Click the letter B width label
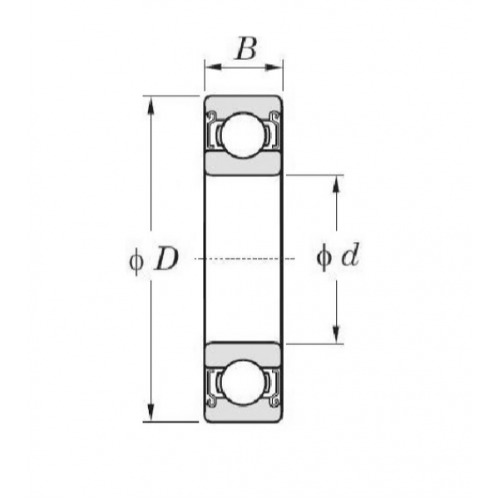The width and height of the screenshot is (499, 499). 245,49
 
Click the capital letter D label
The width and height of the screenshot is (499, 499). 166,259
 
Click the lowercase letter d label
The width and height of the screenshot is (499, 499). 350,254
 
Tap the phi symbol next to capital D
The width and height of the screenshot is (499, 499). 136,262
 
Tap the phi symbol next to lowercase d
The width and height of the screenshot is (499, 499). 324,258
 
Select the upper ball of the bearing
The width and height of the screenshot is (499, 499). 244,135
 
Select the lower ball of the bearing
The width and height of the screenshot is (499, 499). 244,383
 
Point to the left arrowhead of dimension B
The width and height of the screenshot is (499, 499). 214,67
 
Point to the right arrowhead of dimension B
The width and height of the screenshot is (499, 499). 274,67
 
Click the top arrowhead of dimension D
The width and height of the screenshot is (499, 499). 151,105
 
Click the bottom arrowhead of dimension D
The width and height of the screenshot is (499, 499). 151,413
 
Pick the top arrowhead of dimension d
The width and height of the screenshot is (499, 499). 336,184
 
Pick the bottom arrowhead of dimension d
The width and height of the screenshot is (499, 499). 336,335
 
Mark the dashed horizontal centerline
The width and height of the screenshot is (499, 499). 245,259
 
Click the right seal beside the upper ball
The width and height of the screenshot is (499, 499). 274,131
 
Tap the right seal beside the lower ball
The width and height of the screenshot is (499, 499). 274,388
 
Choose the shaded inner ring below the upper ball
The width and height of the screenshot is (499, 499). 244,163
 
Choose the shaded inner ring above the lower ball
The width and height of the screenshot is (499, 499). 244,354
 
